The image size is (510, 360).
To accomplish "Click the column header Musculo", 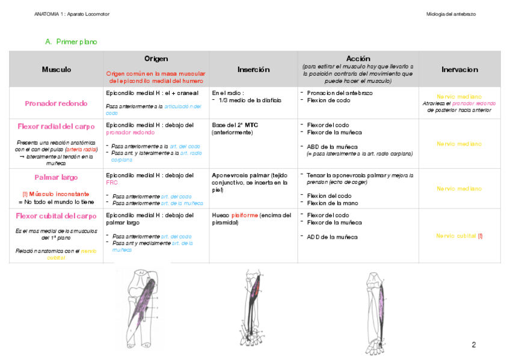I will (x=57, y=70).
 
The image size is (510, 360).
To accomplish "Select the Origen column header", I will (x=156, y=59).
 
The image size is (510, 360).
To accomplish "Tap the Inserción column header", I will (x=253, y=70).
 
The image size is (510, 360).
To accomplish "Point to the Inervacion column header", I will (x=459, y=70).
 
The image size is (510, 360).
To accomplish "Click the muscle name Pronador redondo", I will (x=56, y=103).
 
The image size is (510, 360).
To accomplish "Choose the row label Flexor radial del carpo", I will (x=57, y=126).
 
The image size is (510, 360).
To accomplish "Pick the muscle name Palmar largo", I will (x=56, y=177).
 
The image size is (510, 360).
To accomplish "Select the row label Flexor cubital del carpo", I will (x=56, y=216).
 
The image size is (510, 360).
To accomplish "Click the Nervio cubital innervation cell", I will (x=457, y=236).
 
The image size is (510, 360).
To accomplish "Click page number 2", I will (x=473, y=345).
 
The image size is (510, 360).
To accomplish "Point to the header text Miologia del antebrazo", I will (x=450, y=14).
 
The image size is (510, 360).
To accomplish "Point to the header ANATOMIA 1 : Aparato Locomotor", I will (x=72, y=14).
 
